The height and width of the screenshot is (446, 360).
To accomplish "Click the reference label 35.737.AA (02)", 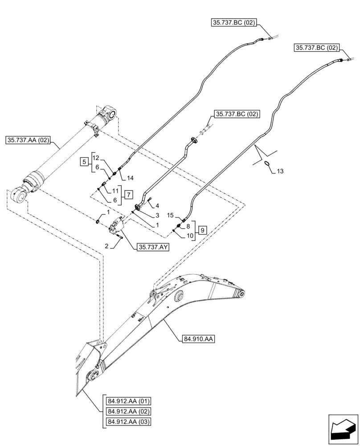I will (28, 140).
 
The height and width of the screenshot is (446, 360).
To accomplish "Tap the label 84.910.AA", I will (198, 339).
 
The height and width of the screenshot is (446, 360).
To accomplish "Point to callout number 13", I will (279, 171).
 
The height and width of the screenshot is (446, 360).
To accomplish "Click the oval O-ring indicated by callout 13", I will (266, 163).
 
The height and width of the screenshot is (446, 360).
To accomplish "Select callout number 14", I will (130, 178).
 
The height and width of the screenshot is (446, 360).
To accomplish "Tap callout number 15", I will (170, 216).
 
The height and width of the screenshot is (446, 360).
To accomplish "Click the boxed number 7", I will (127, 194).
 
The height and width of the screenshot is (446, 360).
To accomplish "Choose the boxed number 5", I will (84, 161).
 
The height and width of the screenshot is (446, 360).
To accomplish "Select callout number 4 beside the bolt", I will (157, 205).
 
